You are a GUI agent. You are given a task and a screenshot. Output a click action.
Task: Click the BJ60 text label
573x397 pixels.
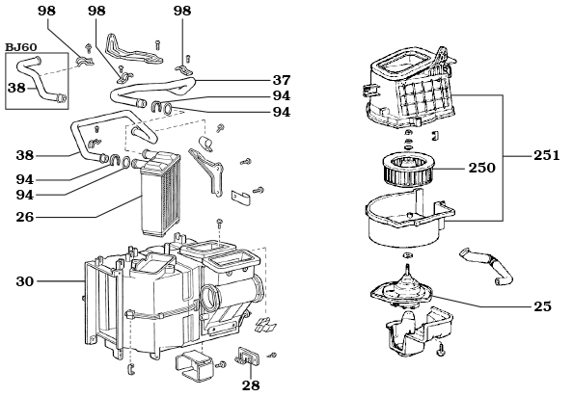click(21, 45)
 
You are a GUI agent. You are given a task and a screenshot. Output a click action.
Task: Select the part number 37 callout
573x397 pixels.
click(281, 80)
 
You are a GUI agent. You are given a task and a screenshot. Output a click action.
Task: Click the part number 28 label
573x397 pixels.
click(251, 384)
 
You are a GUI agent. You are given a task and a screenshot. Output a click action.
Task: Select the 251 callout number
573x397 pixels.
click(546, 155)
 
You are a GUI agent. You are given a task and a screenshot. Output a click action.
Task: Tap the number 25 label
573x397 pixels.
click(542, 305)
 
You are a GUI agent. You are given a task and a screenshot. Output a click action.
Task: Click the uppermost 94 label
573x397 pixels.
click(281, 96)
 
